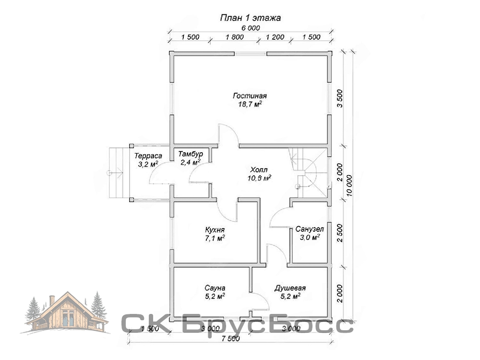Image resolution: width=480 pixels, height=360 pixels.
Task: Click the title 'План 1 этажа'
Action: (x=251, y=18)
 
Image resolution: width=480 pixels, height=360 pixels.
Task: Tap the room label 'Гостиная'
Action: (x=250, y=96)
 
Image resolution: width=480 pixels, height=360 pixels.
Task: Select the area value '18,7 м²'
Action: (x=250, y=104)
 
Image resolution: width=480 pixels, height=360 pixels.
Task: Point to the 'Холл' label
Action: (x=259, y=169)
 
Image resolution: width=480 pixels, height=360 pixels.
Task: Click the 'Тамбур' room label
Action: (x=191, y=154)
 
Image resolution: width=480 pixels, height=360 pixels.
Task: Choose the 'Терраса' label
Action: (x=148, y=156)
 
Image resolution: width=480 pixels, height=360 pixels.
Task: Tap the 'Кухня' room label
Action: (x=215, y=229)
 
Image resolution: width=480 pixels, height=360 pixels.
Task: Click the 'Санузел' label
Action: (x=310, y=229)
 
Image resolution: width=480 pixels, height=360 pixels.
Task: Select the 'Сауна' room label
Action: (x=215, y=288)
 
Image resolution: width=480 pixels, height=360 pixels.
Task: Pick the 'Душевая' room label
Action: (x=290, y=288)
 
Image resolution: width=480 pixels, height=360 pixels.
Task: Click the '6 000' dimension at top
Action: (x=251, y=28)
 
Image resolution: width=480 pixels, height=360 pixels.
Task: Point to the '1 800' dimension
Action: (x=235, y=37)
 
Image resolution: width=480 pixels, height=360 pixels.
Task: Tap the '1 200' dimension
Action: (x=275, y=37)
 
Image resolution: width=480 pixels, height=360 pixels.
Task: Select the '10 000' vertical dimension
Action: (x=349, y=186)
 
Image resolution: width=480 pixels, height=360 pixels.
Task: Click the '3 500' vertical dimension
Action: (x=339, y=98)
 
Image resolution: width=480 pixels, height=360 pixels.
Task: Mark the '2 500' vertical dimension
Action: (x=339, y=233)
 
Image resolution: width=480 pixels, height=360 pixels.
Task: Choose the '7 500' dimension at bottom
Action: (x=230, y=338)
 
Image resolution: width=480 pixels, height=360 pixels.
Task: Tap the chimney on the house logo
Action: (x=52, y=300)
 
